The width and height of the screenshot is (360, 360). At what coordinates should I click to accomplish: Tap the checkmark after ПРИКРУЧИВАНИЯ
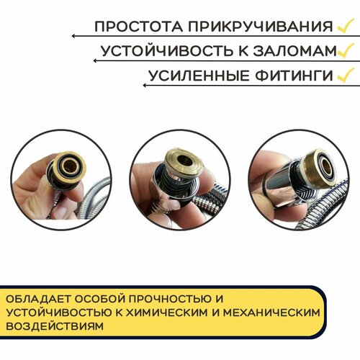[345, 26]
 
